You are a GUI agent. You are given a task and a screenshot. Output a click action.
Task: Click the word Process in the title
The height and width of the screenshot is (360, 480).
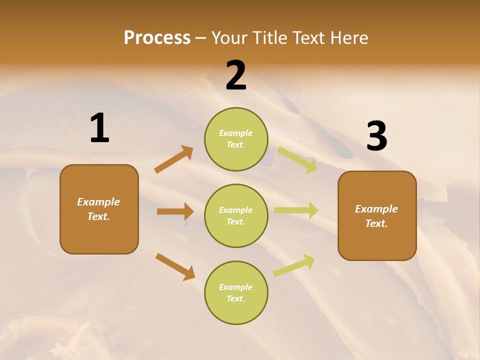click(157, 37)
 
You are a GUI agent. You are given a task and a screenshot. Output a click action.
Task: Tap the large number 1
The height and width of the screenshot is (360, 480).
click(99, 128)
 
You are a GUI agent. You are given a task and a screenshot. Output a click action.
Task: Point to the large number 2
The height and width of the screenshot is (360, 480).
click(236, 75)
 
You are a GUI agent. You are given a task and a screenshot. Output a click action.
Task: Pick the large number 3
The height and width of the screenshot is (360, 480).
click(376, 136)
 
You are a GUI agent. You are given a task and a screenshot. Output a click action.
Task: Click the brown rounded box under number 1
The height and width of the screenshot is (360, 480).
click(99, 209)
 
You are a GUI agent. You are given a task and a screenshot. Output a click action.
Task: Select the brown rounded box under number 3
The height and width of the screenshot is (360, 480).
click(377, 216)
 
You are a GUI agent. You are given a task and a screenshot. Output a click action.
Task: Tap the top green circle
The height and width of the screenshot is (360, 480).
click(236, 139)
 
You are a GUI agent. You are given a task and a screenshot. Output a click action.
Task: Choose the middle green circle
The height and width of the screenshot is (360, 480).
click(236, 215)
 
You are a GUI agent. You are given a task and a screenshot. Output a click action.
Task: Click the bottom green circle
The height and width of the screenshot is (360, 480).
click(236, 292)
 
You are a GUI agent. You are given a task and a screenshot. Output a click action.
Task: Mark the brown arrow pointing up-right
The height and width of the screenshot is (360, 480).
click(174, 159)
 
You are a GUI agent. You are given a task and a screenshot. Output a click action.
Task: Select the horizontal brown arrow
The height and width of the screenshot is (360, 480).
click(175, 211)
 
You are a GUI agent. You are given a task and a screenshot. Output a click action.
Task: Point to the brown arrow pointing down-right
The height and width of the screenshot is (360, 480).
click(175, 266)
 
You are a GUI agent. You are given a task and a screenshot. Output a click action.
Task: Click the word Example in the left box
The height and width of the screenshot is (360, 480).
click(98, 202)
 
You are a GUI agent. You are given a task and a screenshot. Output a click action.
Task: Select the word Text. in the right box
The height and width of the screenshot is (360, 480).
click(376, 223)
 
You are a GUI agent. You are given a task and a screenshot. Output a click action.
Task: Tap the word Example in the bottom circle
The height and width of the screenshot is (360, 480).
click(236, 287)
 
